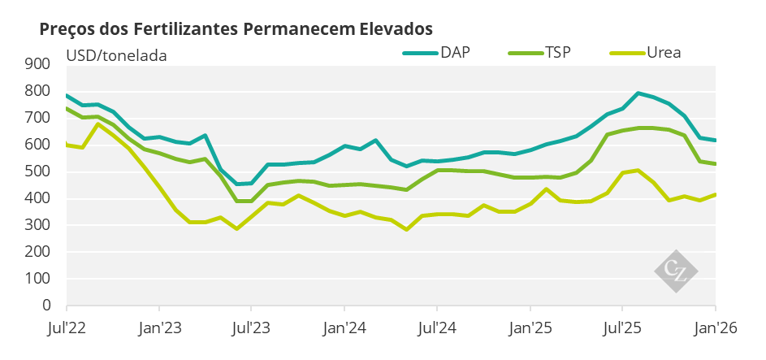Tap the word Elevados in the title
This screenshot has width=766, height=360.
click(x=394, y=28)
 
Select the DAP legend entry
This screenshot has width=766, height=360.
click(x=454, y=54)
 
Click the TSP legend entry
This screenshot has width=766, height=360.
click(x=558, y=54)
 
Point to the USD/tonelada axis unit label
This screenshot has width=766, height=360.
click(x=116, y=56)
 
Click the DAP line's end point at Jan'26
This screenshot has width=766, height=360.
click(x=715, y=141)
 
